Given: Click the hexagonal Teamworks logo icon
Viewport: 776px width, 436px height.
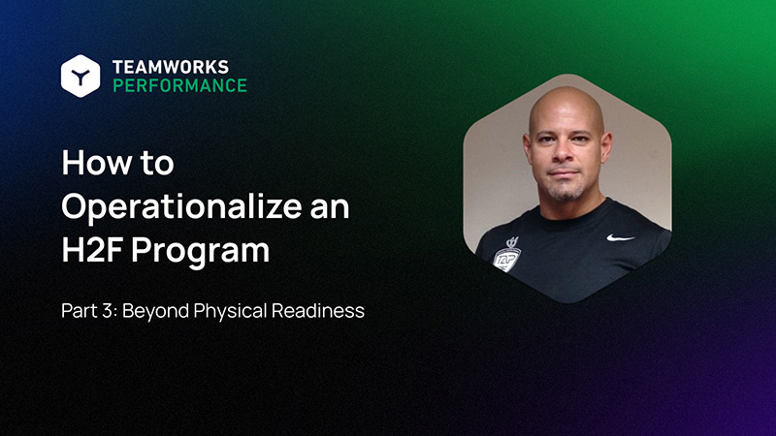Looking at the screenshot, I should [x=80, y=75].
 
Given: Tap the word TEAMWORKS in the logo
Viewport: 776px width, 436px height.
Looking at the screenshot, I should [x=171, y=66].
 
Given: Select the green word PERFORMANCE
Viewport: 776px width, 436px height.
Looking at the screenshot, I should [x=179, y=85].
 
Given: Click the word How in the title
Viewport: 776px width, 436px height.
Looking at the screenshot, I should [x=90, y=163].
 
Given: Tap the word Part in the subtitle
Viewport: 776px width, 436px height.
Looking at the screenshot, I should [x=81, y=313].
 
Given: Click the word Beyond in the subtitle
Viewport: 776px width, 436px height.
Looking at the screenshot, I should [x=157, y=313].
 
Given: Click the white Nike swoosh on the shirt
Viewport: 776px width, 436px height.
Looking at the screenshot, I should [x=620, y=236].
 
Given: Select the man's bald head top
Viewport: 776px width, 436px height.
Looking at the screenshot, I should [x=566, y=102].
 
